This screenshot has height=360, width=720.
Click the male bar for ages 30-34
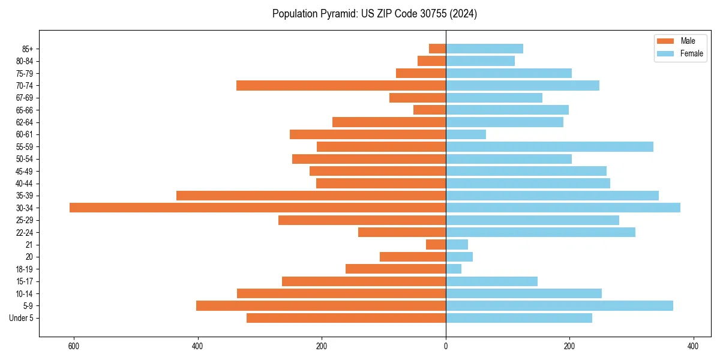point(257,208)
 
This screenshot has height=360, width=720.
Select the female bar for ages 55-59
point(549,146)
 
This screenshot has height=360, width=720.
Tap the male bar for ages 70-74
point(341,85)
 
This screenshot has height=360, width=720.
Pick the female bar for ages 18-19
point(454,269)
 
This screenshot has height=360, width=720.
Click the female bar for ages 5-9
point(559,305)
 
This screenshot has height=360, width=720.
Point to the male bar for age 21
point(436,244)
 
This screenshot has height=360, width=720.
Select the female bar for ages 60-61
point(466,134)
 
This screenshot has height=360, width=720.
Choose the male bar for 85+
point(437,49)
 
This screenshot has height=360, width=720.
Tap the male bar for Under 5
point(346,318)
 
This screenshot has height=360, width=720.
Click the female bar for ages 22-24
point(540,232)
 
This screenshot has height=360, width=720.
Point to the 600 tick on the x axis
point(74,346)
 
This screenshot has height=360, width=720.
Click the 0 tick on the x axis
point(446,346)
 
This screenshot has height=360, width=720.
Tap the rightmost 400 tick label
point(693,346)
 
